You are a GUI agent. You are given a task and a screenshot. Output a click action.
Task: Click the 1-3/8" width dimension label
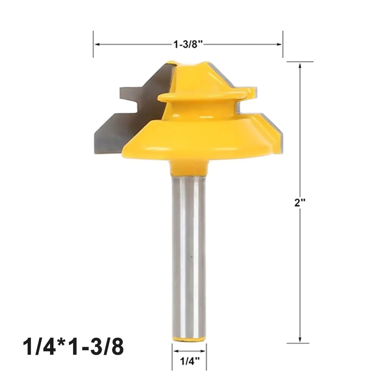point(188,45)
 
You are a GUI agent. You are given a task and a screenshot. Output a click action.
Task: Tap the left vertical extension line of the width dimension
point(93,45)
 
